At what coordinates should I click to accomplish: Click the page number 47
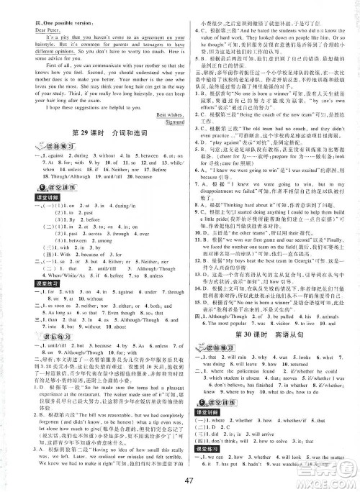pos(179,481)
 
